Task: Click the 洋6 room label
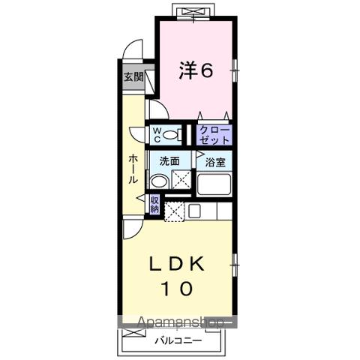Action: tap(196, 70)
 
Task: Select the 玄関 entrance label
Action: tap(133, 76)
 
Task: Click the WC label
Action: tap(157, 134)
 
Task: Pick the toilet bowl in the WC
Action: tap(172, 135)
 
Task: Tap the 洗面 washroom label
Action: tap(169, 161)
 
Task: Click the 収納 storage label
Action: tap(154, 204)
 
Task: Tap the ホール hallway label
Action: tap(133, 169)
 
